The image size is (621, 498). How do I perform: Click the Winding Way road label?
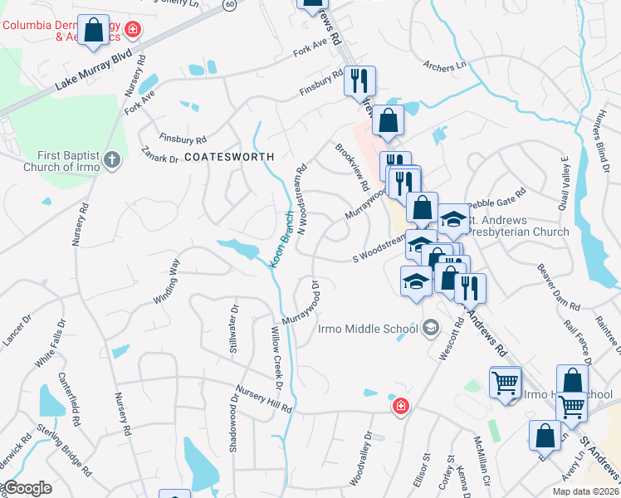click(166, 282)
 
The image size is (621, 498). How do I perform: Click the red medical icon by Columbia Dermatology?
click(133, 32)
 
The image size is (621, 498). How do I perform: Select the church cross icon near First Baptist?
click(113, 160)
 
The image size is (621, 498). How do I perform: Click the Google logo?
click(27, 489)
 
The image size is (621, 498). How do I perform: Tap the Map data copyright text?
click(586, 491)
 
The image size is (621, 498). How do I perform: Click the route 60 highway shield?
click(229, 4)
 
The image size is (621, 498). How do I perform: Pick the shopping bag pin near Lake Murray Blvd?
click(95, 31)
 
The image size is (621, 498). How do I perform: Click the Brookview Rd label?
click(352, 166)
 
